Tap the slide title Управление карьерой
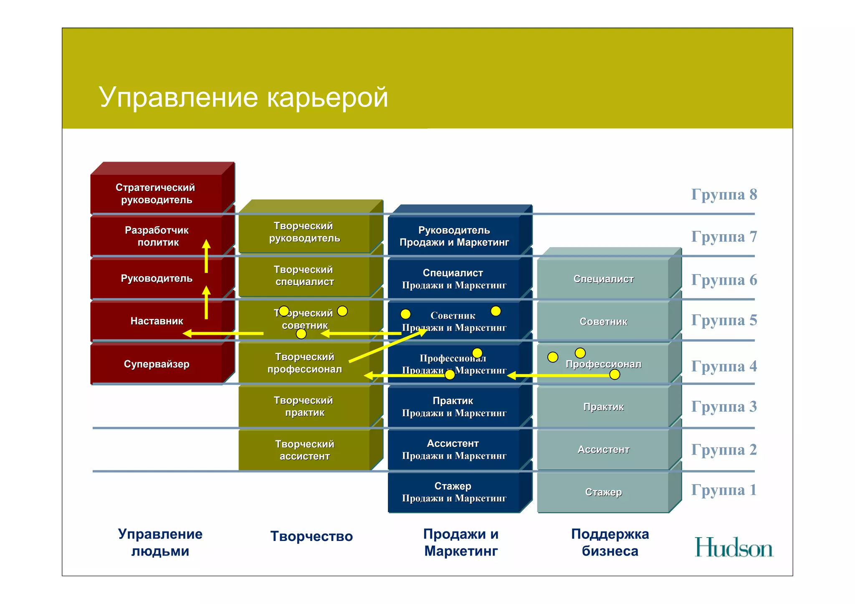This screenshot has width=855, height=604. click(x=243, y=97)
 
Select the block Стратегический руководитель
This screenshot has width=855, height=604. click(x=156, y=194)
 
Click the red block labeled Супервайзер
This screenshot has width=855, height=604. click(x=156, y=364)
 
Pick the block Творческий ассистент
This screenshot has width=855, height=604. click(x=304, y=450)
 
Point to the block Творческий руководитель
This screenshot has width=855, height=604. click(x=304, y=232)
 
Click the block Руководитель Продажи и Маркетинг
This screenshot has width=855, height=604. click(x=454, y=236)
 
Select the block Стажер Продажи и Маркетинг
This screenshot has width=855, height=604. click(x=454, y=492)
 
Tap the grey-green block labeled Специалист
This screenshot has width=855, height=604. click(x=603, y=279)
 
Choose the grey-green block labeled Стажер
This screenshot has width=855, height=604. click(x=603, y=492)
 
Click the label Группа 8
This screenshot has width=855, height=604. click(x=724, y=195)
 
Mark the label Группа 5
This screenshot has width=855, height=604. click(x=724, y=320)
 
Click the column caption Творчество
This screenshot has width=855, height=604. click(x=311, y=536)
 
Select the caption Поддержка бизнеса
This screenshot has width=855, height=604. click(x=610, y=542)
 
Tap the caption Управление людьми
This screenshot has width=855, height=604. click(x=160, y=542)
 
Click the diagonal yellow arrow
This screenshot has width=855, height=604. click(x=387, y=346)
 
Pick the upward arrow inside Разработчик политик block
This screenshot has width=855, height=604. click(x=206, y=256)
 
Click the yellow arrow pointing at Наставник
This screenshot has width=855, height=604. click(x=223, y=334)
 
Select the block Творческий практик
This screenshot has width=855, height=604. click(x=304, y=407)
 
